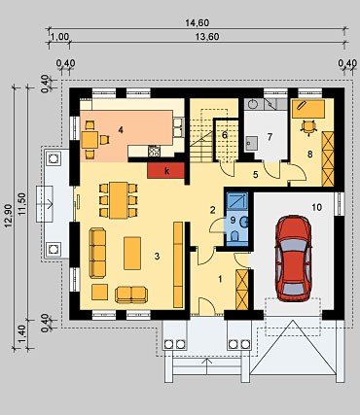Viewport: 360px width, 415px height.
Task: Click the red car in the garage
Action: click(x=293, y=259)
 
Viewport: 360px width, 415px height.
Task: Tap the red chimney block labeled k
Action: click(x=166, y=170)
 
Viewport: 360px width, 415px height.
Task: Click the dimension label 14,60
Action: click(x=197, y=23)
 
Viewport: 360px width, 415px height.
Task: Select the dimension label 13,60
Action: click(x=207, y=37)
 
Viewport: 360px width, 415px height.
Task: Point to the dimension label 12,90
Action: click(x=9, y=216)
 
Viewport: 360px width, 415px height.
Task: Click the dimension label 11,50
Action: click(x=22, y=203)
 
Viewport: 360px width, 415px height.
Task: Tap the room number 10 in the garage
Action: click(x=316, y=207)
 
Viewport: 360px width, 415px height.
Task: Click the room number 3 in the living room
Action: click(x=157, y=257)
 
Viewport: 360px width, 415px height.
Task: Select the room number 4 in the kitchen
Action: click(x=121, y=130)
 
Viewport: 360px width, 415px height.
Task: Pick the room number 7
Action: click(x=270, y=137)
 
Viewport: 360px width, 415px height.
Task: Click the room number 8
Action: click(x=310, y=155)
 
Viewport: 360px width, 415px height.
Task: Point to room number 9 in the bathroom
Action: click(x=233, y=220)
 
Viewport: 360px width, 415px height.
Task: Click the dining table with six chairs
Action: click(x=119, y=200)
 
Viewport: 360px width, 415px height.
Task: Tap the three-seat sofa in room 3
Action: click(x=97, y=253)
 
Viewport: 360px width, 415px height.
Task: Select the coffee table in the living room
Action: click(x=132, y=253)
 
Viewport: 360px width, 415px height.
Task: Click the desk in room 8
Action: click(x=308, y=109)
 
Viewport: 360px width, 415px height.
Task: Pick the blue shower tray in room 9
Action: click(x=237, y=200)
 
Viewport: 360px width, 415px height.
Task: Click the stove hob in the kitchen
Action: click(x=154, y=151)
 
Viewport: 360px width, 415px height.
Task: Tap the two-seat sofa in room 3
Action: click(x=131, y=294)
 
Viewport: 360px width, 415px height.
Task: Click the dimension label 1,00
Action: click(x=60, y=37)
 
